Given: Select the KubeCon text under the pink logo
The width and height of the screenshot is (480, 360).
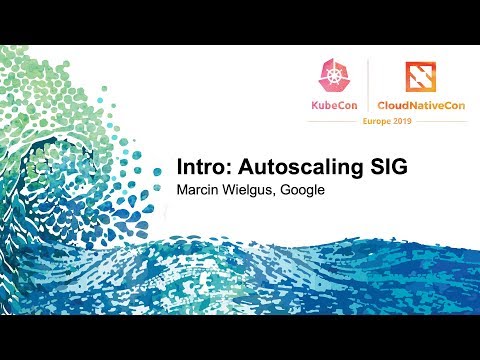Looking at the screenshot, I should pos(334,103).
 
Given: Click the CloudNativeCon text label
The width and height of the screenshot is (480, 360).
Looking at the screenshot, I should pos(421,103).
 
